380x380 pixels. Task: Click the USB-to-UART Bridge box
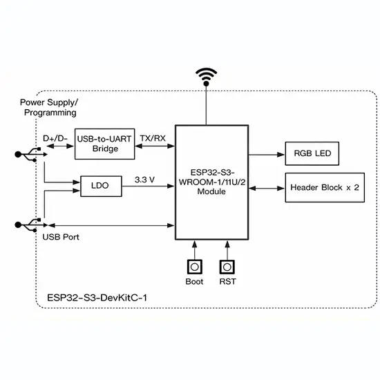point(105,144)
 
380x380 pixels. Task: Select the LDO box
point(101,186)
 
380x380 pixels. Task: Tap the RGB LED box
point(312,153)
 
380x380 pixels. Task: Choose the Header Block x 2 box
point(325,187)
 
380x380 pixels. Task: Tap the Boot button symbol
point(195,267)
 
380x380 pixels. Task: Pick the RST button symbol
point(227,267)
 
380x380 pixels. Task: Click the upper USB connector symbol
point(31,154)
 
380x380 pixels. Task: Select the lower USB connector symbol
point(31,225)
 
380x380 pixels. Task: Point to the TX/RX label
point(153,138)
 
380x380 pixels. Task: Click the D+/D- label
point(55,138)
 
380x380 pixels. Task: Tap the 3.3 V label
point(144,180)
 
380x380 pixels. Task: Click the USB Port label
point(61,237)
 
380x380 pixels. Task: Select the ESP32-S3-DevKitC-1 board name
point(97,298)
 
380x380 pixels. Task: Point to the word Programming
point(50,113)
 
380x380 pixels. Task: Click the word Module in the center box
point(211,191)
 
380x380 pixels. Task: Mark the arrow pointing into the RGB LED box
point(267,154)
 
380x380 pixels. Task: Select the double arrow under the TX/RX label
point(155,146)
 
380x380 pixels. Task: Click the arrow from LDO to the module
point(148,186)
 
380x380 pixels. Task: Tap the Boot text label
point(194,282)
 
